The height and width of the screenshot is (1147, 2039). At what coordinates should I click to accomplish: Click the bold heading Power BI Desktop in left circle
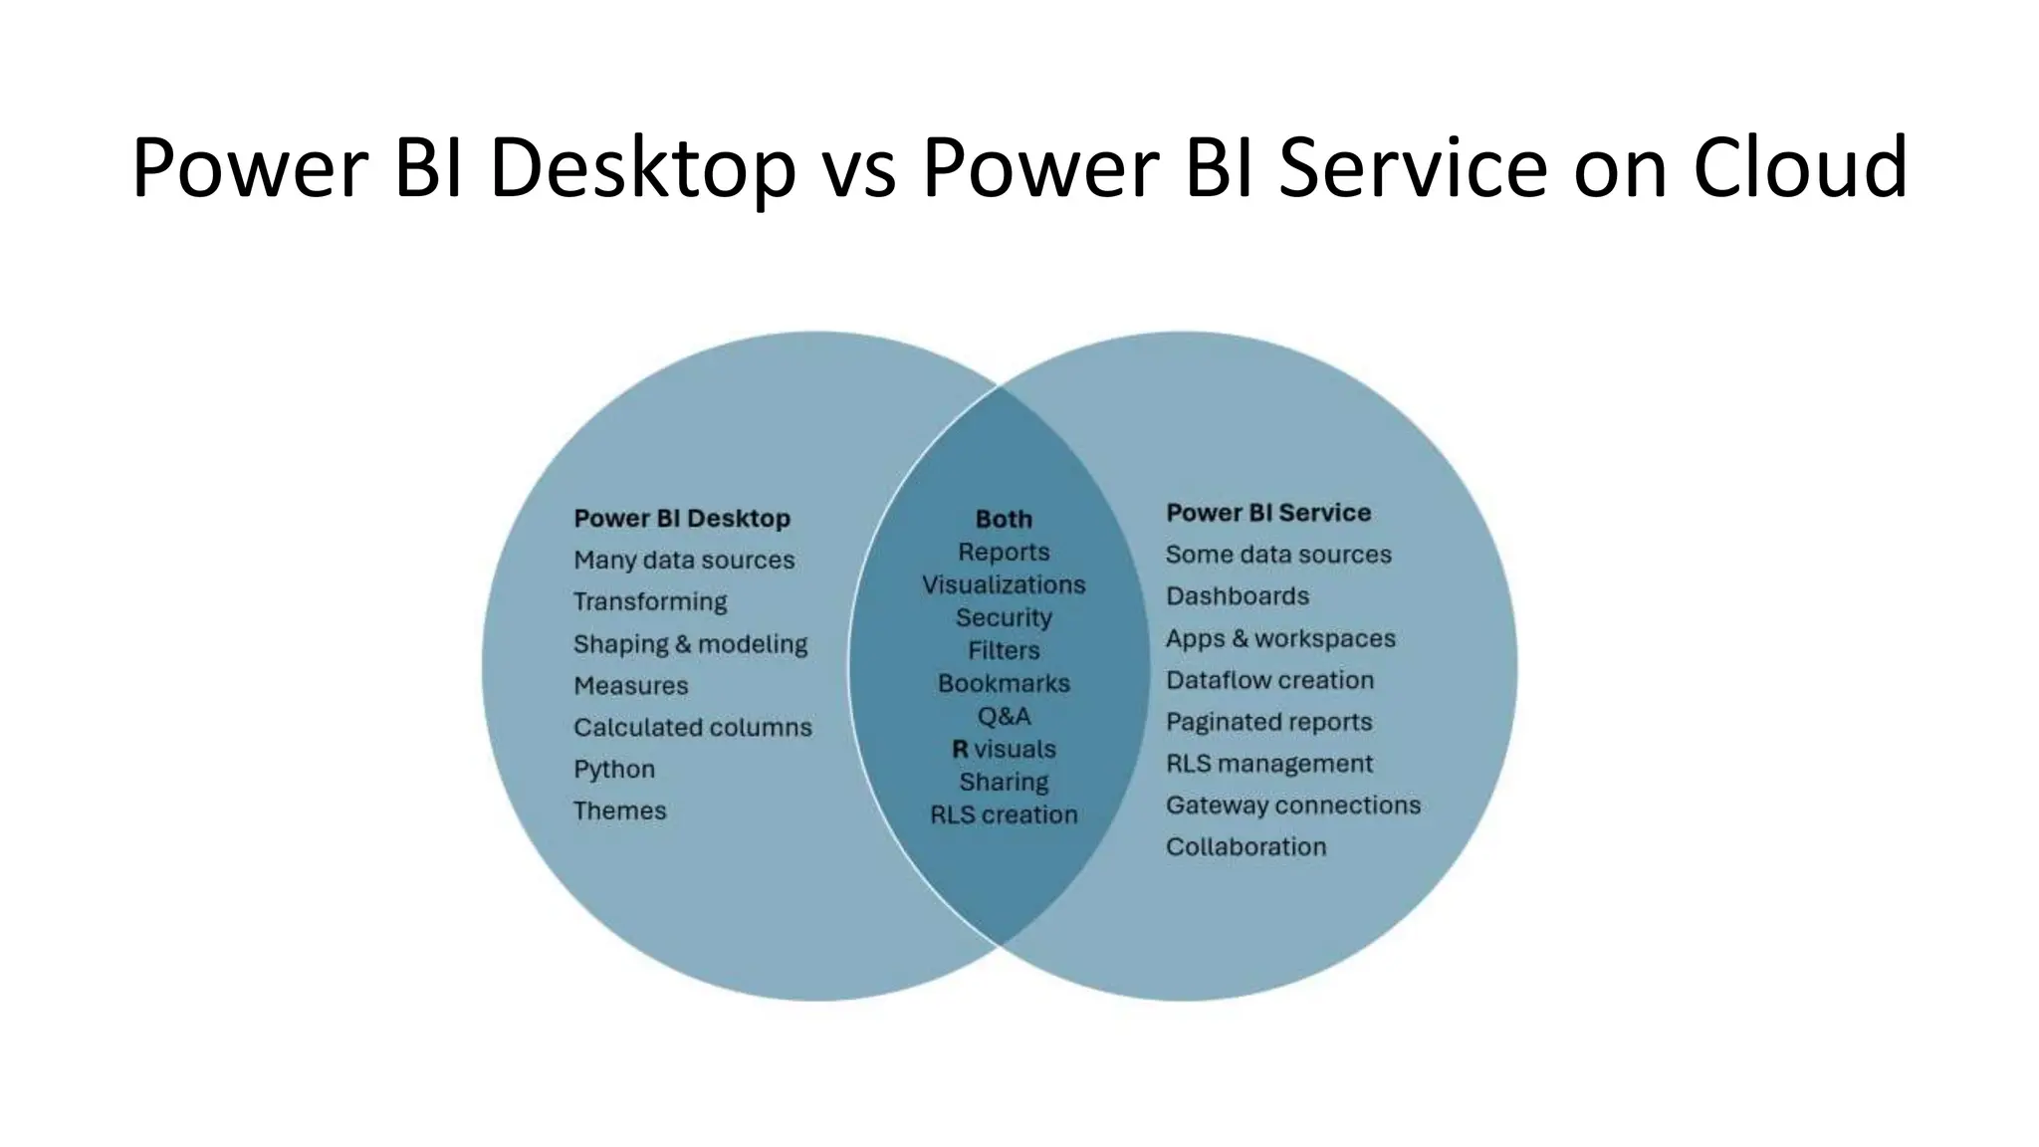click(x=682, y=519)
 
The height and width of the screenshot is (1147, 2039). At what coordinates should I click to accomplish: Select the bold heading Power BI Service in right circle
click(x=1268, y=513)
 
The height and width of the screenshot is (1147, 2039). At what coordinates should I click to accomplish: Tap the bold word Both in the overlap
click(x=1004, y=519)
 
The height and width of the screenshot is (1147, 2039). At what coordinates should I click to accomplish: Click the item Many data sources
click(x=684, y=561)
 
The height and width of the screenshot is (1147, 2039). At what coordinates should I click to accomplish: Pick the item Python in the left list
click(x=614, y=770)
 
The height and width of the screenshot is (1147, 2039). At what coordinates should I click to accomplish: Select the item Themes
click(x=619, y=810)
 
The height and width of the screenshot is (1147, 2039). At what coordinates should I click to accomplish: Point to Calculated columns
click(x=693, y=728)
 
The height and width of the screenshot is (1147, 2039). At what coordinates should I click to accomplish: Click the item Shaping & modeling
click(x=690, y=644)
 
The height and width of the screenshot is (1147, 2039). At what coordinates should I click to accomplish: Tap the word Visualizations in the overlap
click(x=1004, y=584)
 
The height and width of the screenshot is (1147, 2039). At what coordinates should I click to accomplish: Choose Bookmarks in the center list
click(x=1004, y=684)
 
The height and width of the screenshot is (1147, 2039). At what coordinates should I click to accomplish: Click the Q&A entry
click(x=1004, y=716)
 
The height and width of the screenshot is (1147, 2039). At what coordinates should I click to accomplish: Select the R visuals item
click(x=1004, y=749)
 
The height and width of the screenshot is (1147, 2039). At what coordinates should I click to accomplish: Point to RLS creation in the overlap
click(x=1004, y=814)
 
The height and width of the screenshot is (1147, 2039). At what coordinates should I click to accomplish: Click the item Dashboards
click(x=1238, y=596)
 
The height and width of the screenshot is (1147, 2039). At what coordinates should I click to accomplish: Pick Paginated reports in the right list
click(x=1268, y=722)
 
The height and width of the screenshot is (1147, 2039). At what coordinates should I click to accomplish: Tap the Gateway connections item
click(x=1293, y=804)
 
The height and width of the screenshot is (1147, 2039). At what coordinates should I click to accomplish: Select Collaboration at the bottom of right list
click(x=1246, y=846)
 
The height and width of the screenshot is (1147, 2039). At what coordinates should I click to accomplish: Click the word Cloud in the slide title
click(x=1800, y=166)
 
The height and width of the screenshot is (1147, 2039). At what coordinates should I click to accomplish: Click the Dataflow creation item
click(x=1269, y=680)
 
